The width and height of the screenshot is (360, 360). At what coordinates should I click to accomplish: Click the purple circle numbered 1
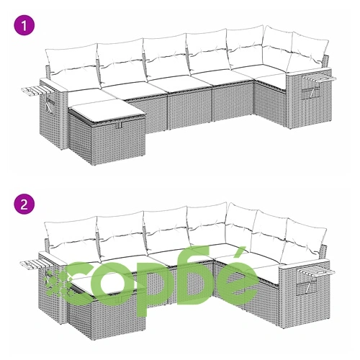coord(24,25)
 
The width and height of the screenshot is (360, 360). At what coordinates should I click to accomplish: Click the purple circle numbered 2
coord(24,204)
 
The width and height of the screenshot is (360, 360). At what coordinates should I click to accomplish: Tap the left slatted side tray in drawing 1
coord(32,91)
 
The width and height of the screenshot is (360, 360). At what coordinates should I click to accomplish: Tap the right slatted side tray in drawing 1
coord(318,78)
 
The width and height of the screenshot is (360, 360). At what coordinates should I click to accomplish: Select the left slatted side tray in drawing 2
coord(31,264)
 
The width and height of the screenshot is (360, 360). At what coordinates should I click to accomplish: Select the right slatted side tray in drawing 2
coord(316,273)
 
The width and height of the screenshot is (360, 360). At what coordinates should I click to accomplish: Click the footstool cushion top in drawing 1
coord(107,110)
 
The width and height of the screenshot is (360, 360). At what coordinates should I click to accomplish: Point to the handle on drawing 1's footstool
coord(120,125)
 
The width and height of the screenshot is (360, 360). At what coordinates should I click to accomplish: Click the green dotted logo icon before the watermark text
coord(57,283)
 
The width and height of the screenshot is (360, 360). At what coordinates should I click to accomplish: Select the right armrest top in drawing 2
coord(305,265)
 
